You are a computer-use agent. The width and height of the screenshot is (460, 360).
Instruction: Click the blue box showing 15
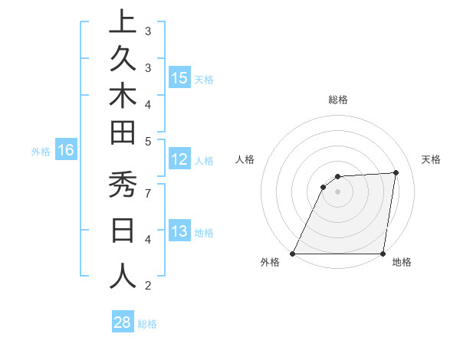click(x=179, y=78)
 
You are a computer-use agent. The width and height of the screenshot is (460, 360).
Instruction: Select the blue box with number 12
click(x=179, y=160)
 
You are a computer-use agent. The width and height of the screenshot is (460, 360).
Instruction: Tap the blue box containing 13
click(x=179, y=231)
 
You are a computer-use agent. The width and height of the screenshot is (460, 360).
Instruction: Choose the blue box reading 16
click(x=65, y=151)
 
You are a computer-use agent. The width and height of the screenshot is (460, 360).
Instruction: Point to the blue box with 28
click(x=122, y=322)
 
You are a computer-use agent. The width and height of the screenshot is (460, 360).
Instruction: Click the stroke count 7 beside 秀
click(x=148, y=192)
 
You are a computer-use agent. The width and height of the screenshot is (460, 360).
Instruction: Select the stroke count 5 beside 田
click(x=148, y=141)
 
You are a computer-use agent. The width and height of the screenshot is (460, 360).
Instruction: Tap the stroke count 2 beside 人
click(x=148, y=286)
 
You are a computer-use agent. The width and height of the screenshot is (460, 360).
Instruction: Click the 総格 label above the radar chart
click(x=338, y=100)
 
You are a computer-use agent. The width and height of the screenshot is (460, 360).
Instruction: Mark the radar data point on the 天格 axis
click(x=396, y=172)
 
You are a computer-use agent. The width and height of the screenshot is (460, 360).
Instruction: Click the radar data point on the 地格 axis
click(x=383, y=254)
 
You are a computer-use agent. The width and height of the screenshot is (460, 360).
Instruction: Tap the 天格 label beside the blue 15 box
click(x=204, y=79)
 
